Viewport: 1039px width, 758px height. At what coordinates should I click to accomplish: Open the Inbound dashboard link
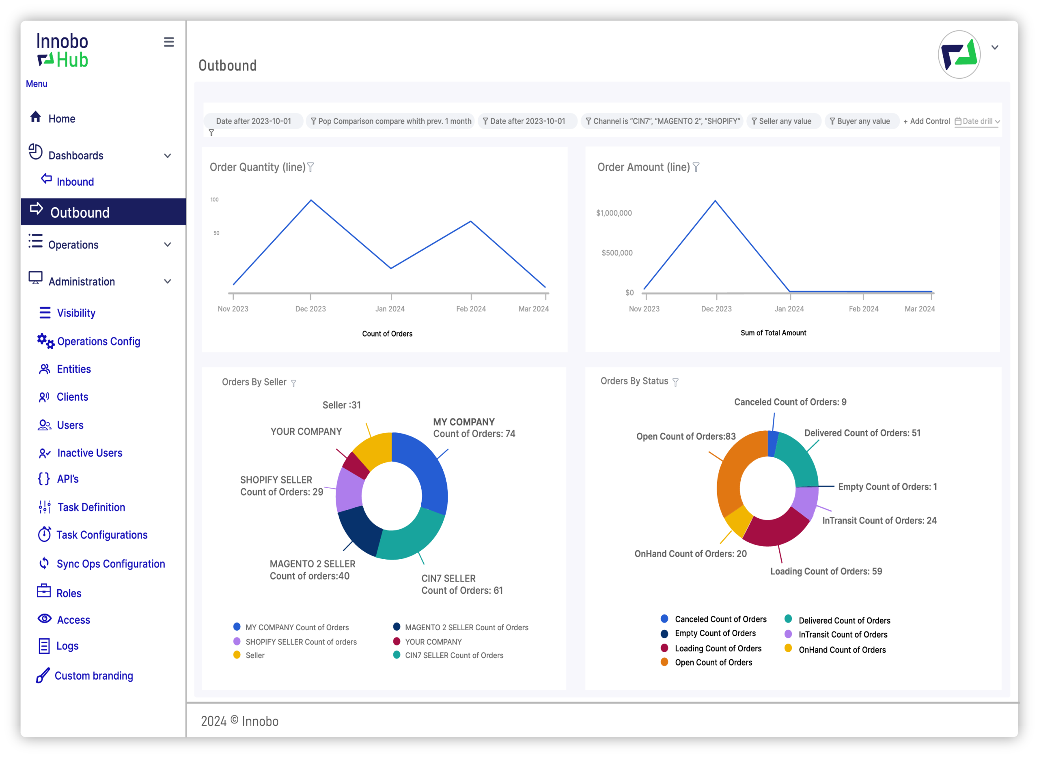pos(67,181)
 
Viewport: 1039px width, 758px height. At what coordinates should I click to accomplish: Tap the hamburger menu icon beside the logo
pos(169,42)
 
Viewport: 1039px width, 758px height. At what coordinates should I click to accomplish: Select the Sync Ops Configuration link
pos(102,564)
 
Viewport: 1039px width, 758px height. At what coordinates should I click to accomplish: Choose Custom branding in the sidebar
pos(85,676)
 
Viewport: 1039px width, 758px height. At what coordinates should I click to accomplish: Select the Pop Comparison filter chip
pos(390,121)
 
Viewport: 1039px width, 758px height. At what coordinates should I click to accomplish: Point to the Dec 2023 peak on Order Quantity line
pos(311,200)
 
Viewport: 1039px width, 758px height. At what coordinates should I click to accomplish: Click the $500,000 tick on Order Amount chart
pos(617,253)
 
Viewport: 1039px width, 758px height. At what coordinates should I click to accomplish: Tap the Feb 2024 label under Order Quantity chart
pos(471,309)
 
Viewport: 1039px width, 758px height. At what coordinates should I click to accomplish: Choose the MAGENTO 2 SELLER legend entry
pos(461,627)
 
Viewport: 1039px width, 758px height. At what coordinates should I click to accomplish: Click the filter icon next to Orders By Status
pos(675,382)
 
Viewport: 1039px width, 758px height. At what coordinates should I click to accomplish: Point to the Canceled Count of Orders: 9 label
pos(790,402)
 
